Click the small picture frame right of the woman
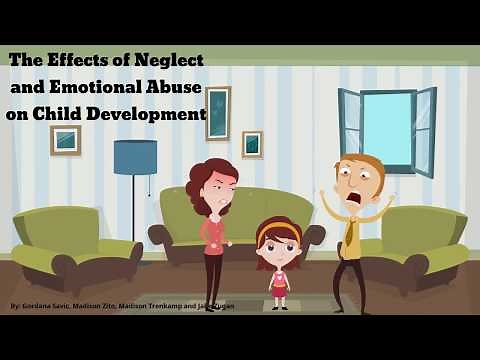tap(252, 144)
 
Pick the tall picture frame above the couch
tap(217, 113)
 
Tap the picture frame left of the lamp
tap(65, 140)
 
